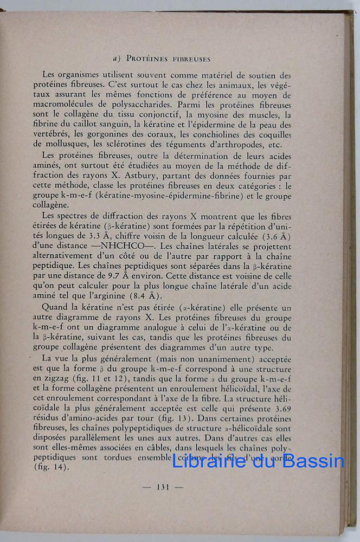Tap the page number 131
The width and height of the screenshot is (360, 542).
coord(163,487)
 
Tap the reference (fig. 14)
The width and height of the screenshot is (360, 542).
coord(48,468)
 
